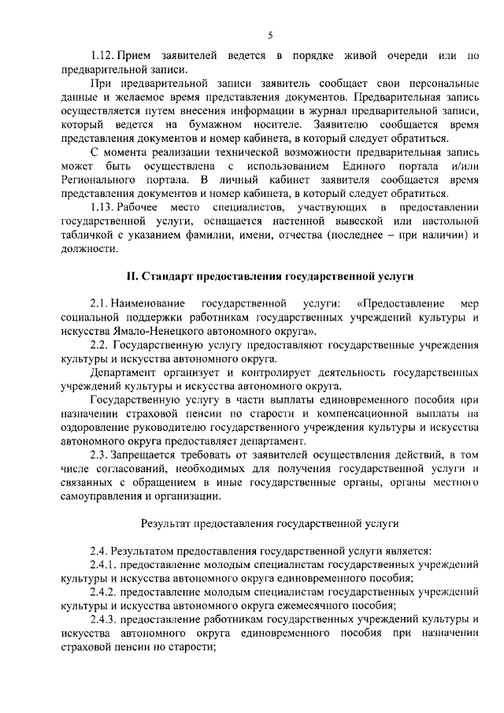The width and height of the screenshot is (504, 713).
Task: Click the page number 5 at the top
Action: click(269, 35)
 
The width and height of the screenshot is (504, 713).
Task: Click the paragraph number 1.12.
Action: click(103, 55)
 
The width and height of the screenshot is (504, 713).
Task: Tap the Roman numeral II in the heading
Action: click(132, 276)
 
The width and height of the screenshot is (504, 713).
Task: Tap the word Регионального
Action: click(102, 180)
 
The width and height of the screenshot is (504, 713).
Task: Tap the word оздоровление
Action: click(94, 427)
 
